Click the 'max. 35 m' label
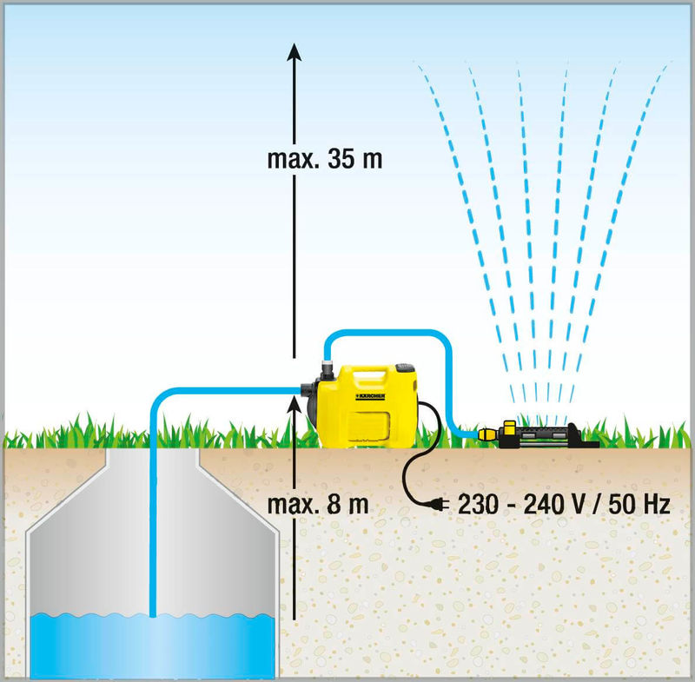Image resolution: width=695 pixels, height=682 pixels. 324,159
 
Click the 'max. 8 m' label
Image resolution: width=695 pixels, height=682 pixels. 318,504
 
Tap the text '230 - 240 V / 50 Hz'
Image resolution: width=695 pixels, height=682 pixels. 564,504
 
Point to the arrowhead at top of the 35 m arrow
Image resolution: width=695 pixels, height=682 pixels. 294,52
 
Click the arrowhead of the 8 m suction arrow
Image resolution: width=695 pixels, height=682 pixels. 294,405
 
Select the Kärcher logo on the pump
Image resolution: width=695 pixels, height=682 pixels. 370,395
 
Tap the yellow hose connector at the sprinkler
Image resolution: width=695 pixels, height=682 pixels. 487,433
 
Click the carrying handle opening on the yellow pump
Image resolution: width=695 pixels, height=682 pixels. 369,377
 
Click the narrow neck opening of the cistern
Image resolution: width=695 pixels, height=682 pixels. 152,456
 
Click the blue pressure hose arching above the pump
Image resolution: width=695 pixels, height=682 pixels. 388,333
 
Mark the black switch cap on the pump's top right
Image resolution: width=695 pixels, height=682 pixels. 405,367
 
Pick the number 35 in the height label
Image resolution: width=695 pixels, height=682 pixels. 341,159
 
